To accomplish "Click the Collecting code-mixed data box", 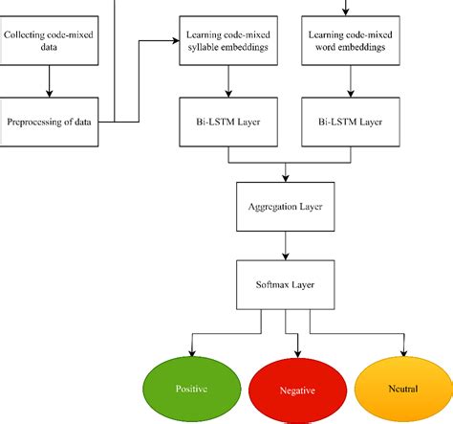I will coord(49,41).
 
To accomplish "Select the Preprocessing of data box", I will coord(49,122).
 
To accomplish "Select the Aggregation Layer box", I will coord(286,205).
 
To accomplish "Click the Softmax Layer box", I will coord(286,282).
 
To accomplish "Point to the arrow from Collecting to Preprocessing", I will coord(49,81).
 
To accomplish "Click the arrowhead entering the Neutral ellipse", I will coord(404,353).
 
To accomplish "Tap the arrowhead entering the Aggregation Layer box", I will coord(286,178).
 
